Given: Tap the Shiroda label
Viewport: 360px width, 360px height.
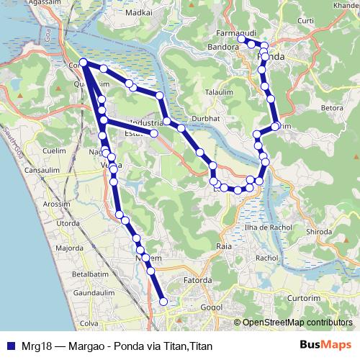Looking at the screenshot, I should tap(320, 232).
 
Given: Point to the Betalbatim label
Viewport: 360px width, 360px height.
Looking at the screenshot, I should tap(89, 274).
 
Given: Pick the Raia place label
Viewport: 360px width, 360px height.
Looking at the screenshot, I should tap(224, 246).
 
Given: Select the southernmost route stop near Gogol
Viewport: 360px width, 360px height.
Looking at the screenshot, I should tap(163, 302).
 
